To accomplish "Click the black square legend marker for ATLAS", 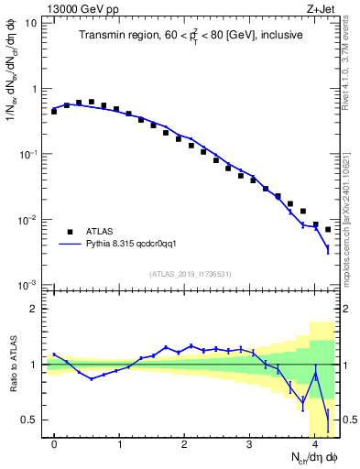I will (68, 232).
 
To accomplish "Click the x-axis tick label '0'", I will (55, 444).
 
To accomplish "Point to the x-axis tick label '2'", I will (185, 444).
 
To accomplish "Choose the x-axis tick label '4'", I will (315, 444).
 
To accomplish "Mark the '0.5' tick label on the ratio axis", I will (29, 420).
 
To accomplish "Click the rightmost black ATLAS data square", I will (328, 230).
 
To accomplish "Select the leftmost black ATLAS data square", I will (54, 111).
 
